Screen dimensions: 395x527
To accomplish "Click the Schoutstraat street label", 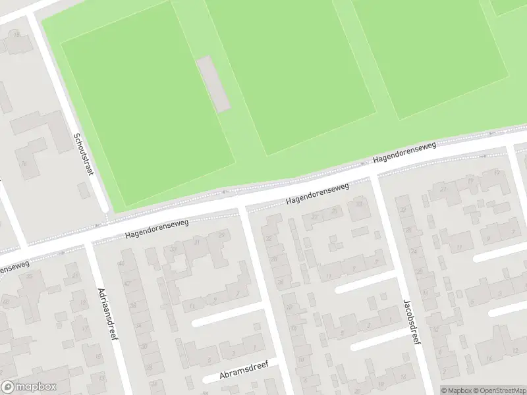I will click(83, 153).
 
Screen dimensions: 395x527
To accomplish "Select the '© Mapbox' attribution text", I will click(455, 390).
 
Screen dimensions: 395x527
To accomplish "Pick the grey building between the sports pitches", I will click(213, 84).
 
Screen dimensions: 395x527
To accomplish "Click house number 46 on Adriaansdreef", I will click(121, 264).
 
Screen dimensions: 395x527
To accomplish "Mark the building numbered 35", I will click(269, 239).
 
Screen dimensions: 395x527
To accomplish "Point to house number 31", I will click(197, 242).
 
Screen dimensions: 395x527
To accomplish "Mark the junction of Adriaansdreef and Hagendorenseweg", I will click(88, 243).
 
